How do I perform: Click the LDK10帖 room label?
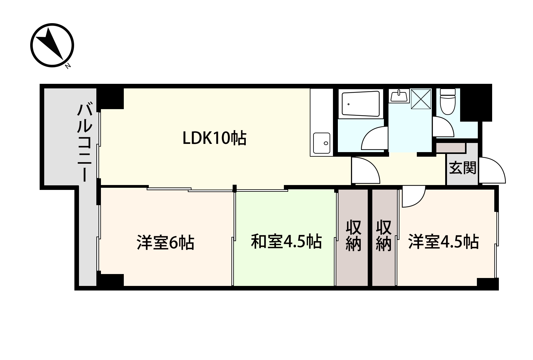(214, 138)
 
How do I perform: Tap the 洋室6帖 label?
(165, 243)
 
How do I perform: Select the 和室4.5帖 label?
(286, 242)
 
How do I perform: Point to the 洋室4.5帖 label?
(443, 242)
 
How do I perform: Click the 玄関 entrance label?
(463, 168)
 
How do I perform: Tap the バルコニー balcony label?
(84, 143)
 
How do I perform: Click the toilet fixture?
(448, 101)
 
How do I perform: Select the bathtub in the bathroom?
(361, 104)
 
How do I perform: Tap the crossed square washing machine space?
(421, 99)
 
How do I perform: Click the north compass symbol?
(52, 45)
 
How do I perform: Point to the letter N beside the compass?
(68, 65)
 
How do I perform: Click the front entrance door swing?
(492, 171)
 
